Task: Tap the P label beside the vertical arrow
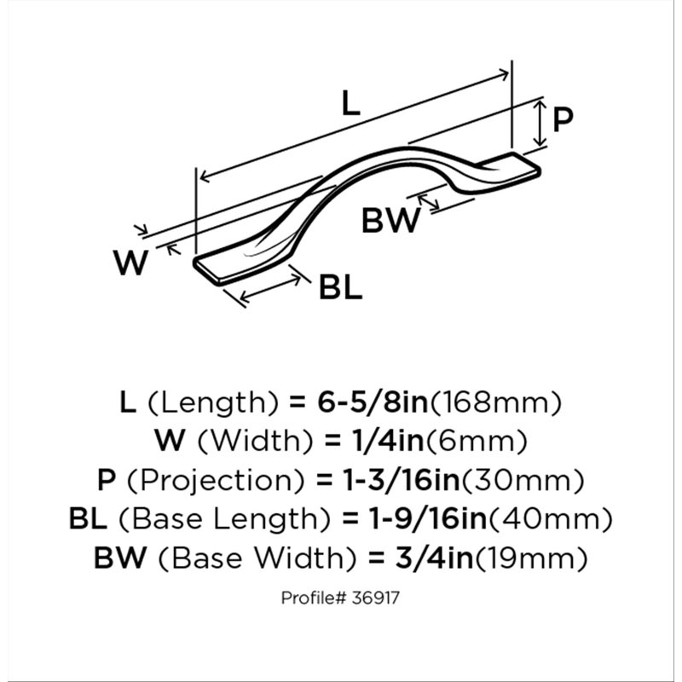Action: click(563, 119)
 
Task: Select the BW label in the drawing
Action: click(391, 220)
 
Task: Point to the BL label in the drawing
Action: click(340, 287)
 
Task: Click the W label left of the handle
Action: click(131, 263)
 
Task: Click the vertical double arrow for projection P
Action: click(540, 123)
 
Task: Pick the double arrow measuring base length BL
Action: click(270, 289)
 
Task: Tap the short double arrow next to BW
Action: click(429, 202)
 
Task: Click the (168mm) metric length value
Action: click(496, 402)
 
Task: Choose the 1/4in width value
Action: click(387, 441)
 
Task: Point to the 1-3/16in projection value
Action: click(402, 480)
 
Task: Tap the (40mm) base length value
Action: click(551, 519)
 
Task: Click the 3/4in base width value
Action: click(435, 558)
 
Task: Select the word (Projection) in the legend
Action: click(215, 481)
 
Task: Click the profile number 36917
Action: click(376, 598)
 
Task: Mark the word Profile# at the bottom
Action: click(314, 598)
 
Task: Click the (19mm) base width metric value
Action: click(531, 558)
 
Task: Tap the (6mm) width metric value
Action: click(477, 442)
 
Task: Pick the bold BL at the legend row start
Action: click(89, 519)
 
